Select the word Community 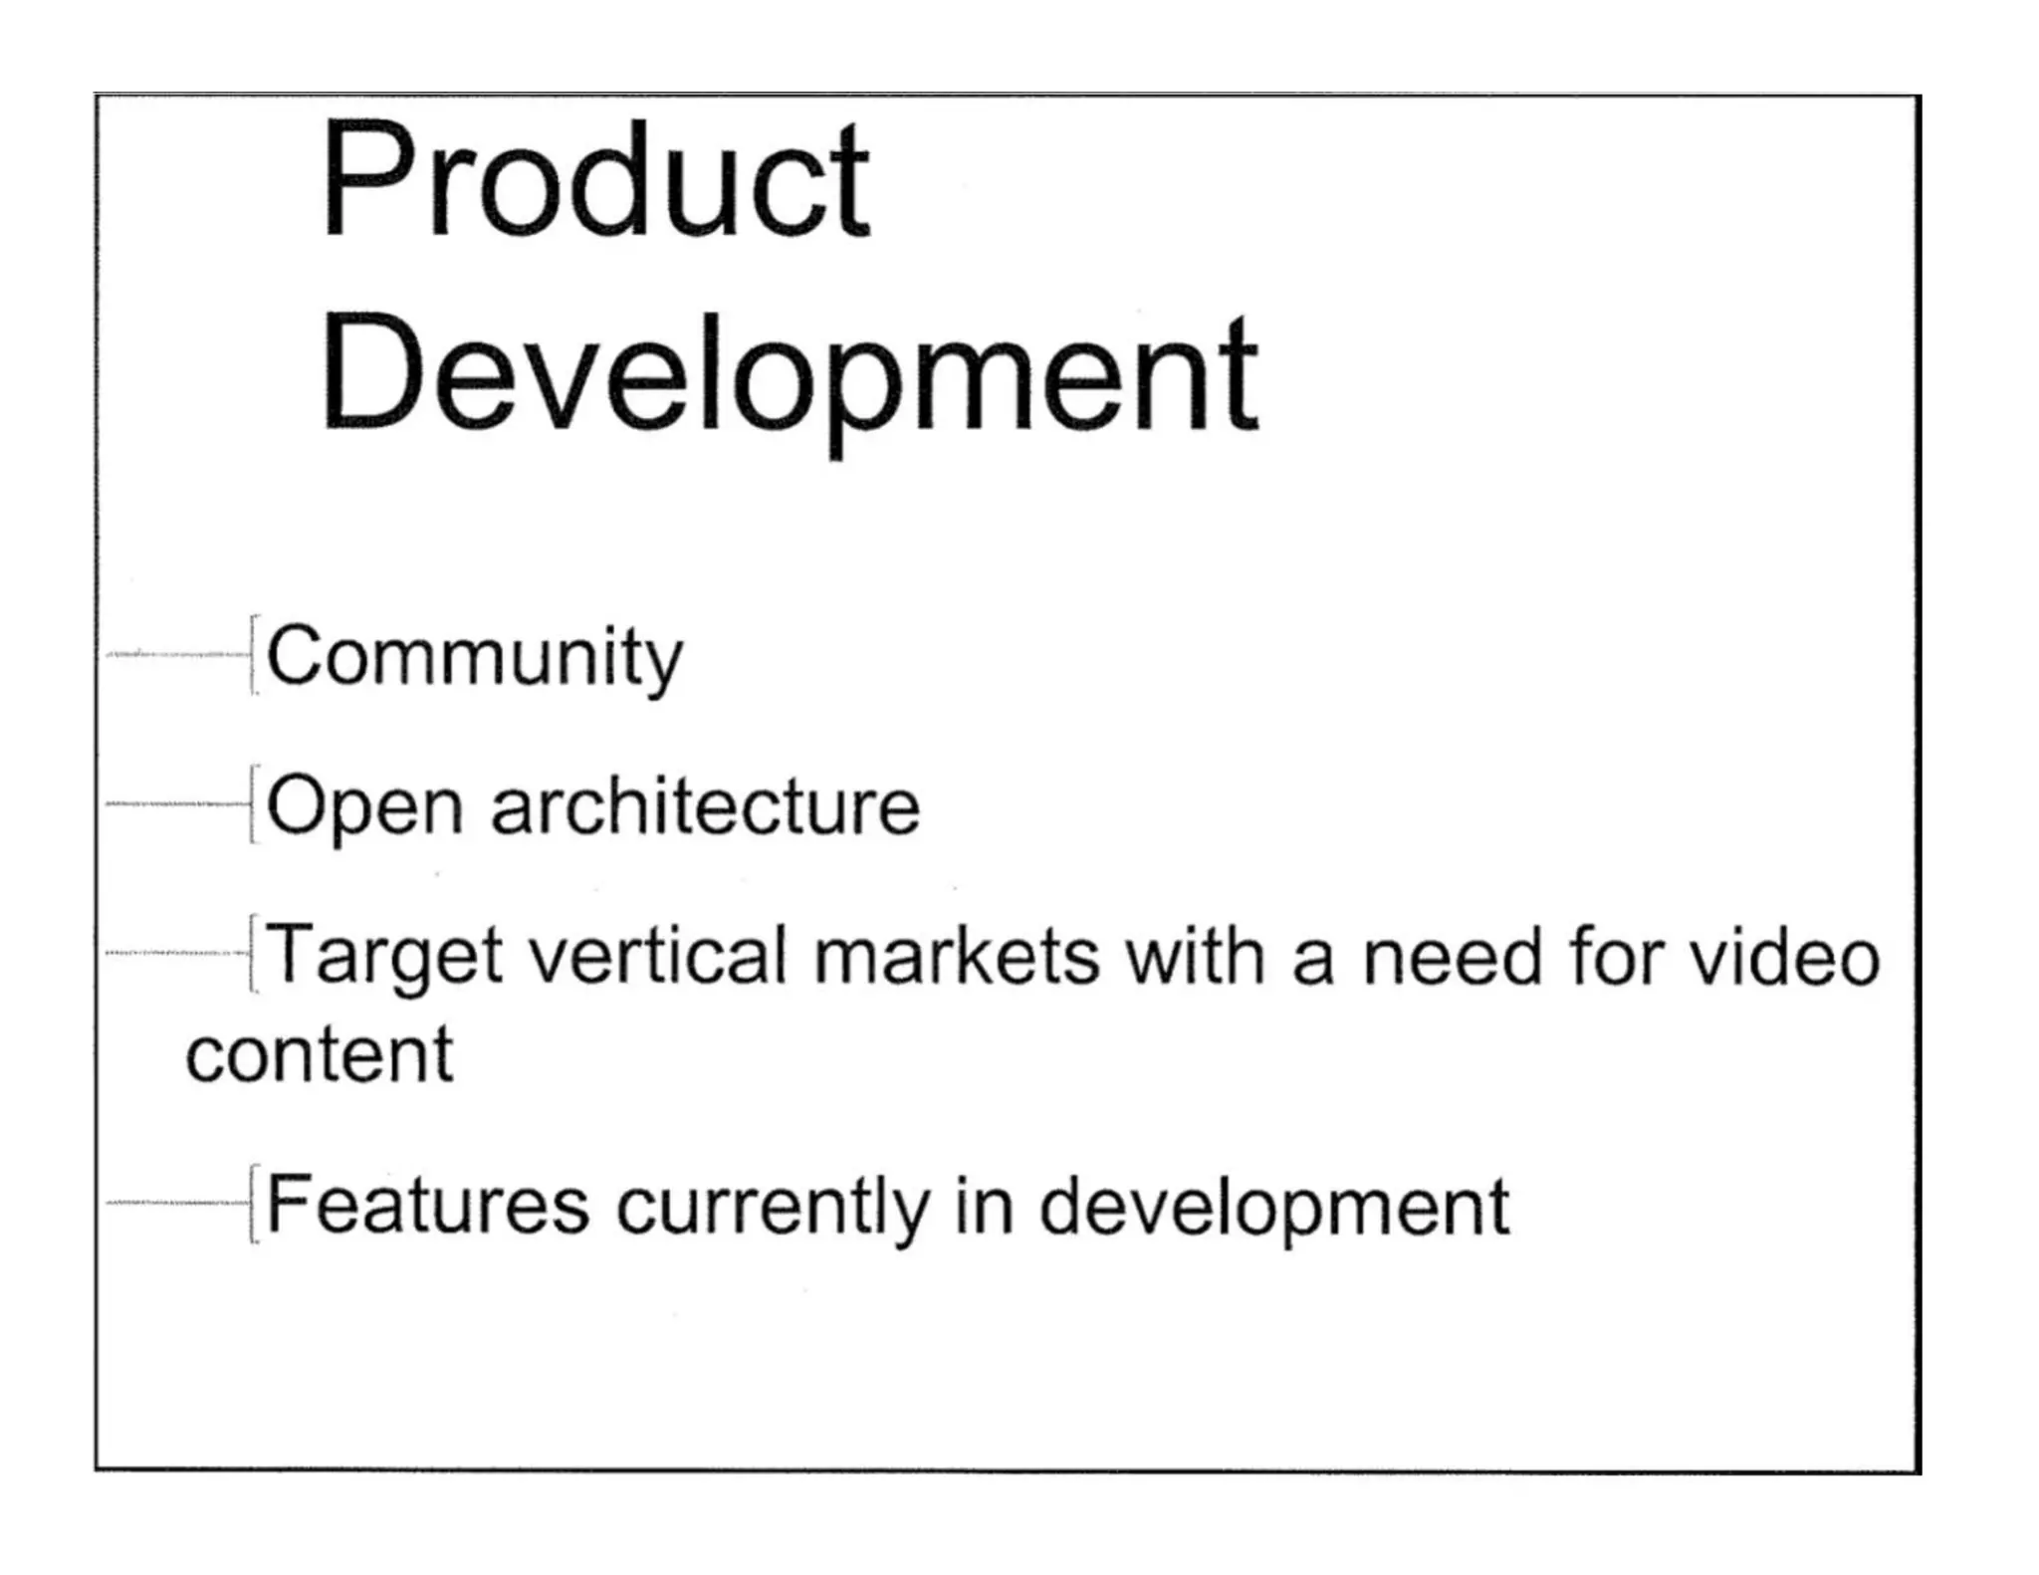(x=475, y=657)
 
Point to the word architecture (x=705, y=806)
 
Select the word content (x=320, y=1055)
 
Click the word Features (x=428, y=1206)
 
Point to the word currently (x=772, y=1208)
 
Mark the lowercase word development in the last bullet (x=1274, y=1208)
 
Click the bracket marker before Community (x=254, y=654)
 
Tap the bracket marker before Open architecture (x=254, y=804)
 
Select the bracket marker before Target (x=254, y=954)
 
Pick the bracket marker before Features (x=254, y=1204)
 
